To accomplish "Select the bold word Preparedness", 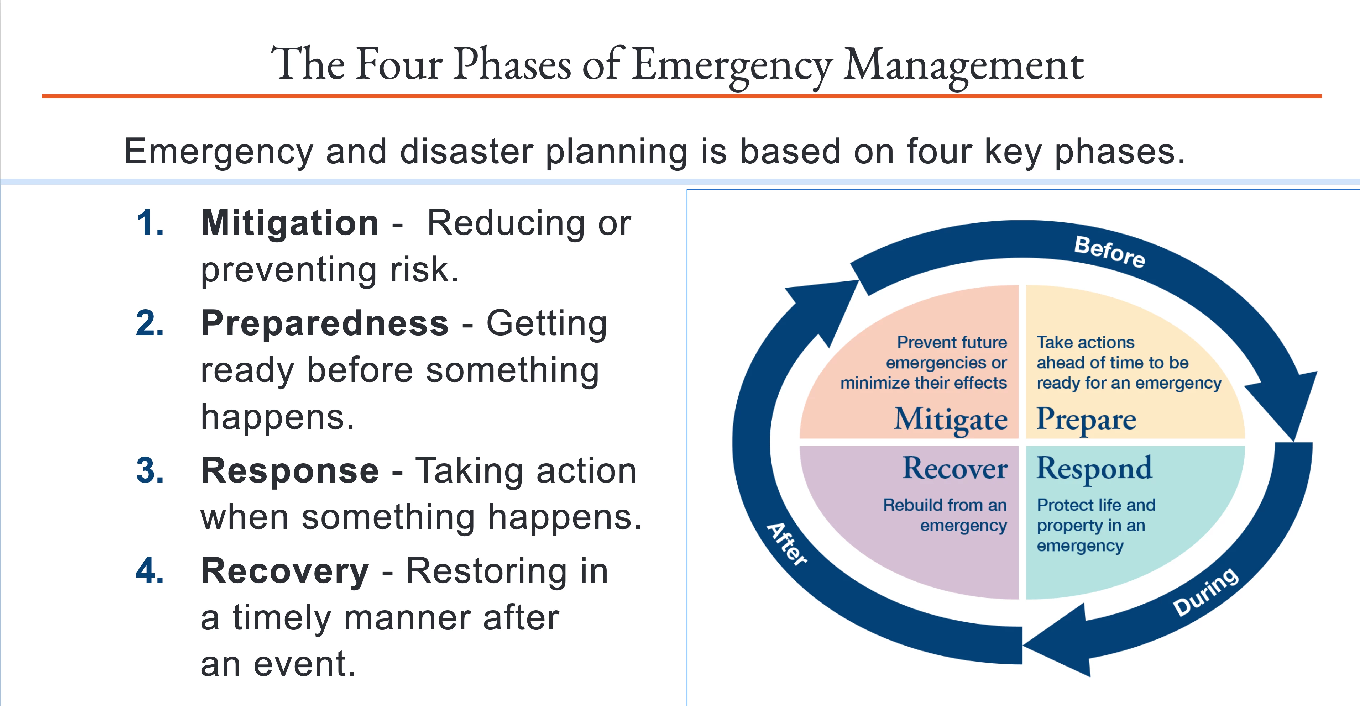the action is (325, 323).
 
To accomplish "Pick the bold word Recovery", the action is (285, 572).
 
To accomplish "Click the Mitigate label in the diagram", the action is (950, 420).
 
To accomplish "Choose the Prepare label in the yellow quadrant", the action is (1086, 420).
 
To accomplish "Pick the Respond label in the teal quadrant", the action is (1094, 469).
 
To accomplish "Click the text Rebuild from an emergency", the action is (945, 515).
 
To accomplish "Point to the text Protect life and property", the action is (1096, 515).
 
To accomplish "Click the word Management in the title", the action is (963, 65).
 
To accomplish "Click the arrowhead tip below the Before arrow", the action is (1293, 441).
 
